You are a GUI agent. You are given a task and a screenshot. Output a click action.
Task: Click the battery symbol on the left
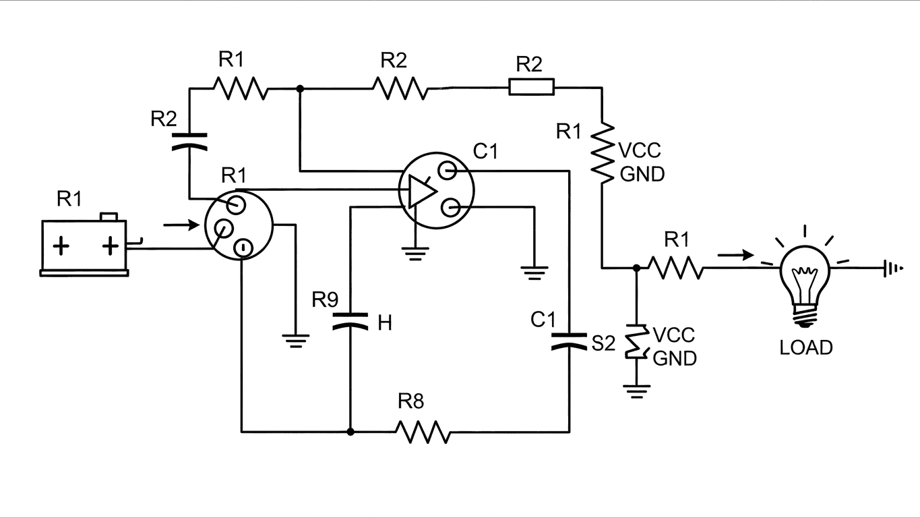click(x=85, y=246)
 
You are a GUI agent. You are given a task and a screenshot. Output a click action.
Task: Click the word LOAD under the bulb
click(x=805, y=347)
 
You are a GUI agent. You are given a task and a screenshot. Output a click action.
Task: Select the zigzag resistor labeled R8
click(x=423, y=432)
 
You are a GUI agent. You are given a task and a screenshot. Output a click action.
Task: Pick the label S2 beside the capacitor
click(x=603, y=344)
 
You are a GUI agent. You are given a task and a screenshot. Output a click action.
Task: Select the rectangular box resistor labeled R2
click(x=531, y=87)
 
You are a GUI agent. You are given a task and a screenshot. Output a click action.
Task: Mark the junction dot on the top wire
click(x=299, y=88)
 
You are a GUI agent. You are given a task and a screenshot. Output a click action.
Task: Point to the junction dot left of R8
click(x=350, y=432)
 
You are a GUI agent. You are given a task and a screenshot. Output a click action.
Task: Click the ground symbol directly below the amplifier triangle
click(x=416, y=253)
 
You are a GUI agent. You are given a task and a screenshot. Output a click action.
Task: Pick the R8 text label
click(x=410, y=402)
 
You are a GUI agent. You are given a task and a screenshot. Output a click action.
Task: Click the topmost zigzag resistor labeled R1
click(x=241, y=88)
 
